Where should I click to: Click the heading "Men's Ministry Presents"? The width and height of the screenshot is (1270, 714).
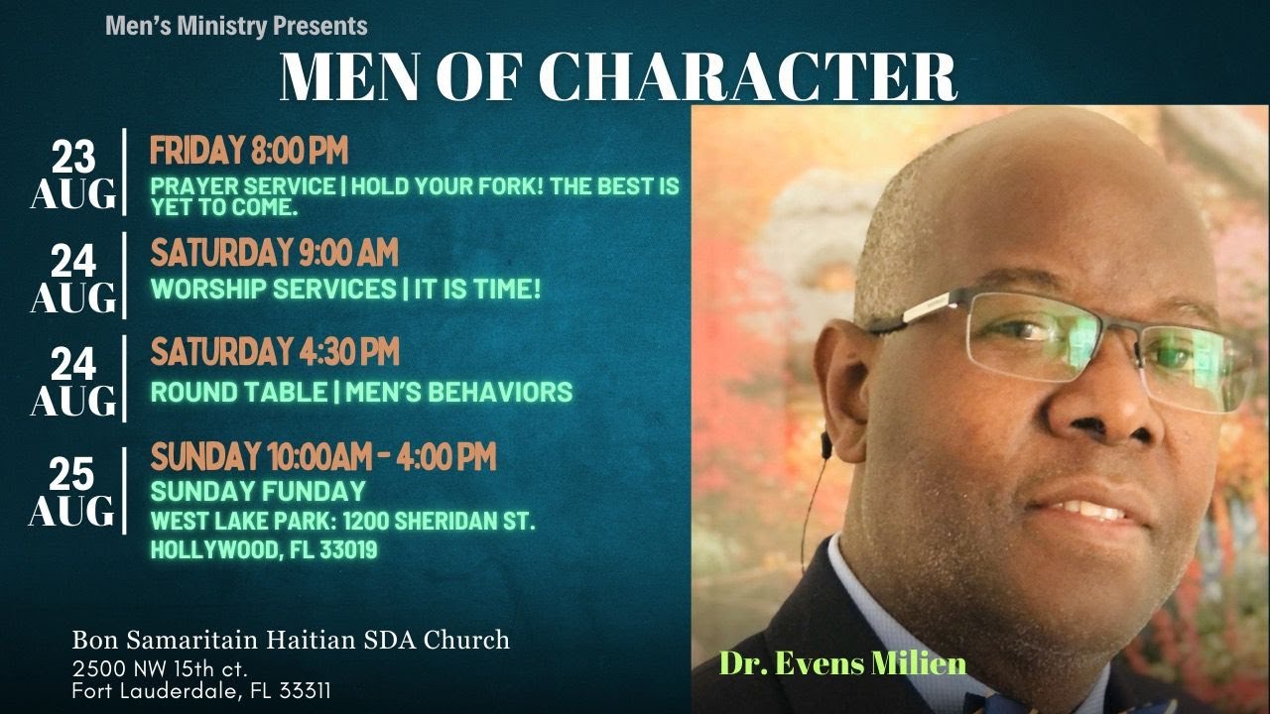coord(236,26)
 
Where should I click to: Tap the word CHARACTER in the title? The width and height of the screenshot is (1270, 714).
coord(750,76)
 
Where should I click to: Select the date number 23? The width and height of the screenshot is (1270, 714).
coord(73,157)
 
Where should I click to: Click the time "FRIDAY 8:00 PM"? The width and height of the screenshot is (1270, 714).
coord(249,152)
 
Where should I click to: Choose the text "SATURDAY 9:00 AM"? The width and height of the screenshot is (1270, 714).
coord(274,253)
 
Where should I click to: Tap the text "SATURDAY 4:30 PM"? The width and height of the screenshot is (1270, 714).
coord(275,351)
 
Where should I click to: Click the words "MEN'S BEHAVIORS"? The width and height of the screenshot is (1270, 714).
coord(458,392)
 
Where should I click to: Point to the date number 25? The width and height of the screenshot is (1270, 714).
coord(71,476)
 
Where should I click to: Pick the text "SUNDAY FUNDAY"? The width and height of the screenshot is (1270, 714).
coord(258,491)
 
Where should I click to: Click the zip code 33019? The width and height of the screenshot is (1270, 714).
coord(346,549)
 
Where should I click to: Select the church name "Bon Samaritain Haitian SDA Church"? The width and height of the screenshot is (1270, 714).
coord(291,640)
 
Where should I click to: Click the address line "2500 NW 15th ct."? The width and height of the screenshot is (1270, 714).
coord(159,666)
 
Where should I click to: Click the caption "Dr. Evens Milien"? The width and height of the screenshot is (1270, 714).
coord(842,662)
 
